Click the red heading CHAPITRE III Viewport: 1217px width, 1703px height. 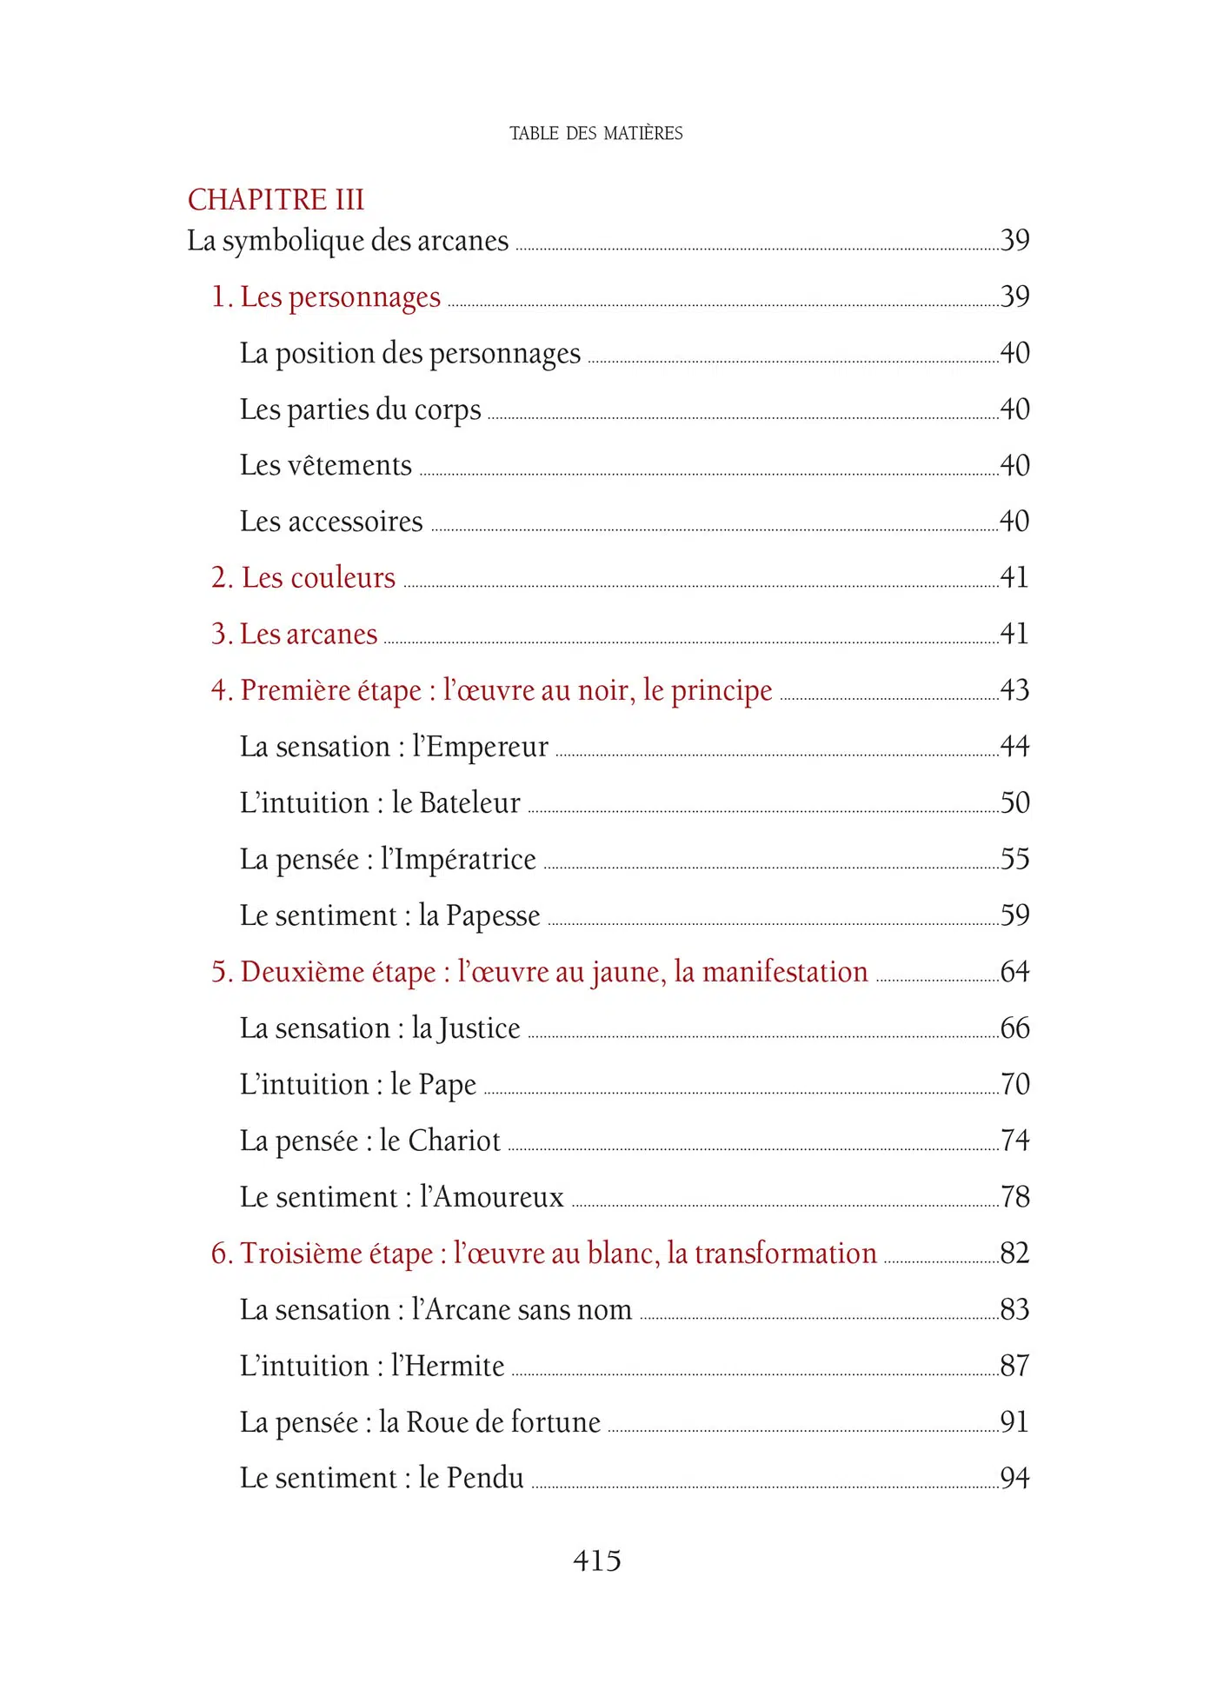pyautogui.click(x=276, y=200)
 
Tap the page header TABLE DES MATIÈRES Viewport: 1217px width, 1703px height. pyautogui.click(x=596, y=133)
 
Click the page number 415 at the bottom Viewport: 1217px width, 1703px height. pyautogui.click(x=597, y=1560)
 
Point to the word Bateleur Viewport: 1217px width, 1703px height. pyautogui.click(x=469, y=802)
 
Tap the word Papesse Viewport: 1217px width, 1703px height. pyautogui.click(x=493, y=915)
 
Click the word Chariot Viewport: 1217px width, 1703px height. pyautogui.click(x=455, y=1141)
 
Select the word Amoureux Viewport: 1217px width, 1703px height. pyautogui.click(x=498, y=1197)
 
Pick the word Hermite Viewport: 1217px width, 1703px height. pyautogui.click(x=455, y=1366)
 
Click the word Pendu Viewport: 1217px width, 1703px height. pyautogui.click(x=485, y=1478)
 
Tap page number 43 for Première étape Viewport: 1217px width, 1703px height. pyautogui.click(x=1014, y=690)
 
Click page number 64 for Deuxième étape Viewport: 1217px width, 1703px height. pyautogui.click(x=1014, y=972)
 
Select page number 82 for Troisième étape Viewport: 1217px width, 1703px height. pyautogui.click(x=1014, y=1254)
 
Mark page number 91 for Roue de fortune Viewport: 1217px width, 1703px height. pyautogui.click(x=1014, y=1422)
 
